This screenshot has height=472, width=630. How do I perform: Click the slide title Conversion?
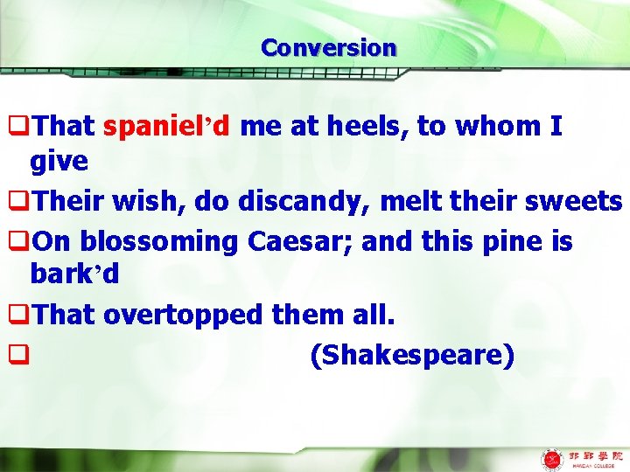point(328,47)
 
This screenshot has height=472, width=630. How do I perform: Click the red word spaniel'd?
point(166,127)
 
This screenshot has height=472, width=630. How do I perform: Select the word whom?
point(496,127)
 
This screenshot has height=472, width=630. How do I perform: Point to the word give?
point(59,161)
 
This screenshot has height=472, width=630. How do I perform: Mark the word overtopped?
point(212,315)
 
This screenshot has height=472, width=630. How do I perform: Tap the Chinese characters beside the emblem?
point(595,455)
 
